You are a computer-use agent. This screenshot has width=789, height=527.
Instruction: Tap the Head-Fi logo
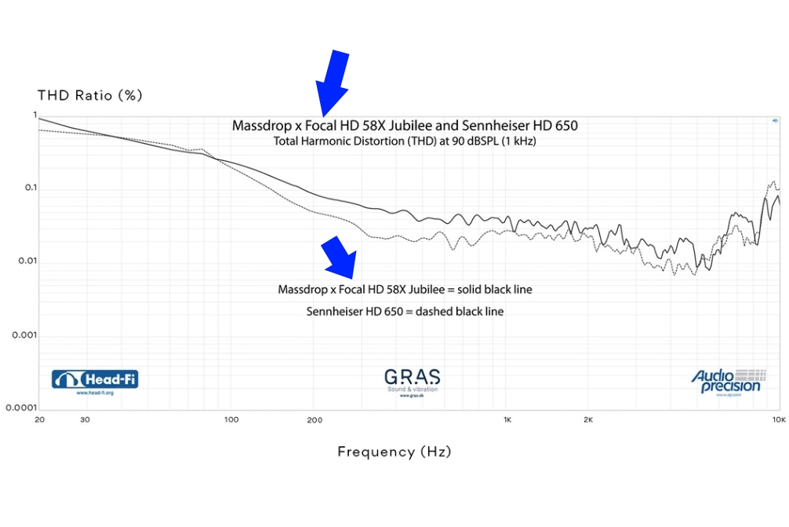[x=95, y=381]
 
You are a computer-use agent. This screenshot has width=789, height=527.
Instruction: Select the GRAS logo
[x=412, y=380]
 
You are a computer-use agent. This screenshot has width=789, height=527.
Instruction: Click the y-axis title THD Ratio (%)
[x=89, y=96]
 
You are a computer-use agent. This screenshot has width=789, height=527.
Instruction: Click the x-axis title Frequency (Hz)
[x=394, y=452]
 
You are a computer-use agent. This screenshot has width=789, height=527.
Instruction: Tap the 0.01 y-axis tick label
[x=27, y=262]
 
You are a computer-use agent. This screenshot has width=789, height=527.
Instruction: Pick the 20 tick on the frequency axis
[x=39, y=421]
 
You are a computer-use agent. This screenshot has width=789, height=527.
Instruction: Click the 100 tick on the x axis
[x=231, y=421]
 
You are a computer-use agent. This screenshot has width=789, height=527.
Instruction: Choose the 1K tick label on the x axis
[x=507, y=421]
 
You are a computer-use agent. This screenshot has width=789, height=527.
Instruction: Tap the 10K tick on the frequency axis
[x=778, y=421]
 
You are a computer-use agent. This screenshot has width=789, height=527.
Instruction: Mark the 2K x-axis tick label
[x=588, y=421]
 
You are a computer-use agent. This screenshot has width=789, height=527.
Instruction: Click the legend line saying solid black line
[x=405, y=290]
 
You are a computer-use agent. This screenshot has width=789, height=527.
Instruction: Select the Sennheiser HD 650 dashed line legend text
[x=405, y=312]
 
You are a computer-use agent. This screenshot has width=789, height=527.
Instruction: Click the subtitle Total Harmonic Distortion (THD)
[x=405, y=142]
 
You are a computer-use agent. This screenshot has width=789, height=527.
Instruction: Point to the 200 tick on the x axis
[x=315, y=421]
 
